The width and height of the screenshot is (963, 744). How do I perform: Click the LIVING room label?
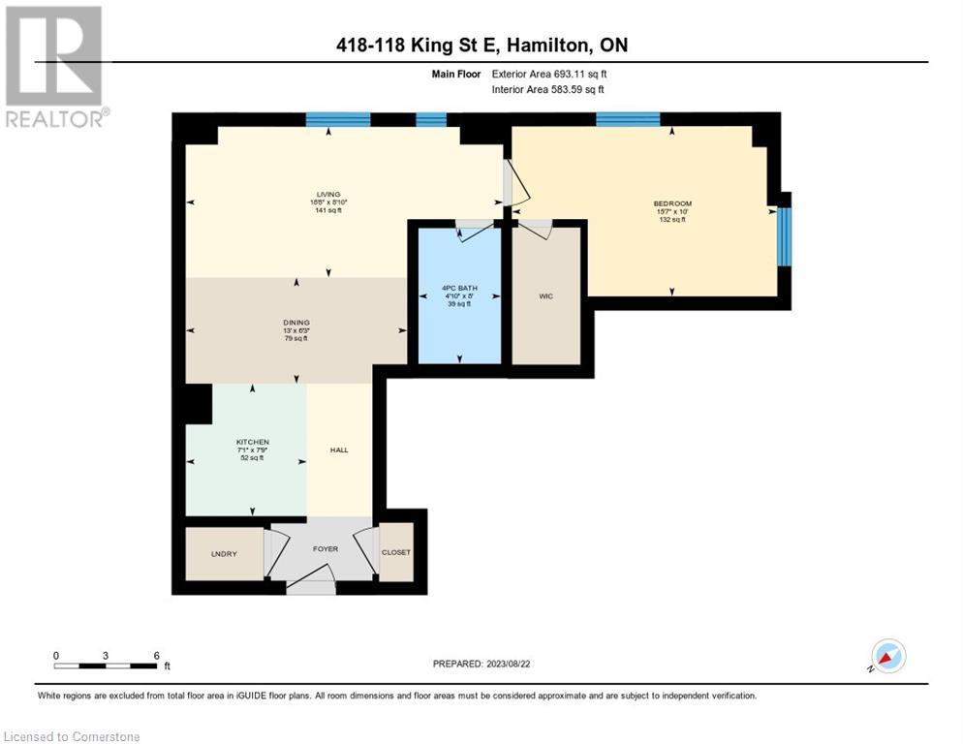[x=326, y=194]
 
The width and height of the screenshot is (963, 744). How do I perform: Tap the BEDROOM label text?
[x=672, y=203]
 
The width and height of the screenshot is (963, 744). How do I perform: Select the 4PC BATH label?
[x=455, y=289]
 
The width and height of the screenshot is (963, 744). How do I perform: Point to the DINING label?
[x=295, y=323]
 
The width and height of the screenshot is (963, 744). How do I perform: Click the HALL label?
[x=339, y=449]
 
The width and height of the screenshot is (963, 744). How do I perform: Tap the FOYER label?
[x=326, y=549]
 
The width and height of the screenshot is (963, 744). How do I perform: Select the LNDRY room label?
[x=224, y=553]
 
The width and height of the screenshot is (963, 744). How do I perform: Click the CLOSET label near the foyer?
[x=395, y=552]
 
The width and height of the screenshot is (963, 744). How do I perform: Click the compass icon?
[x=888, y=656]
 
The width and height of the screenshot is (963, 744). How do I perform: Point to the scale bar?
[x=106, y=666]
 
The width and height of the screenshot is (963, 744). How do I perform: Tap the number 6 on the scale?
[x=156, y=655]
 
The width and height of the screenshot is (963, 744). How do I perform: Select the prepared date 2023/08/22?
[x=481, y=664]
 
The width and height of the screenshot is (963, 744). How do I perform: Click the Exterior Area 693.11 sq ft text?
[x=549, y=74]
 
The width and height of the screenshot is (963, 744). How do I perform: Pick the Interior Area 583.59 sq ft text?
[x=548, y=90]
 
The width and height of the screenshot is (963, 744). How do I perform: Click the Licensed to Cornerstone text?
[x=73, y=736]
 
